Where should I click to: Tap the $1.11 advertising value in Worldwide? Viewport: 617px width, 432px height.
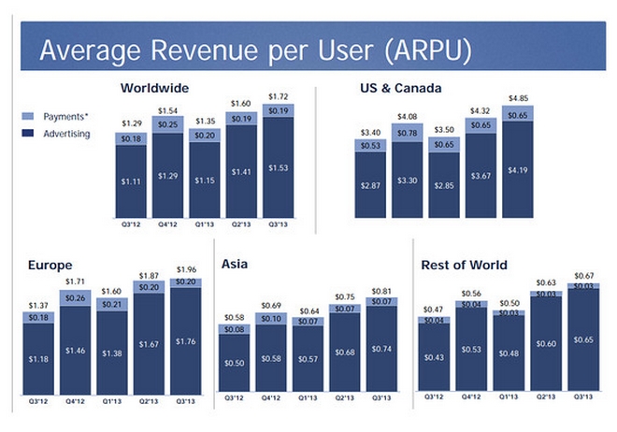point(131,180)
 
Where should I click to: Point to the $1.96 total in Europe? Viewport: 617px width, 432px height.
point(188,270)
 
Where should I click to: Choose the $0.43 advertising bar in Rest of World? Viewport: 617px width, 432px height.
point(434,358)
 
